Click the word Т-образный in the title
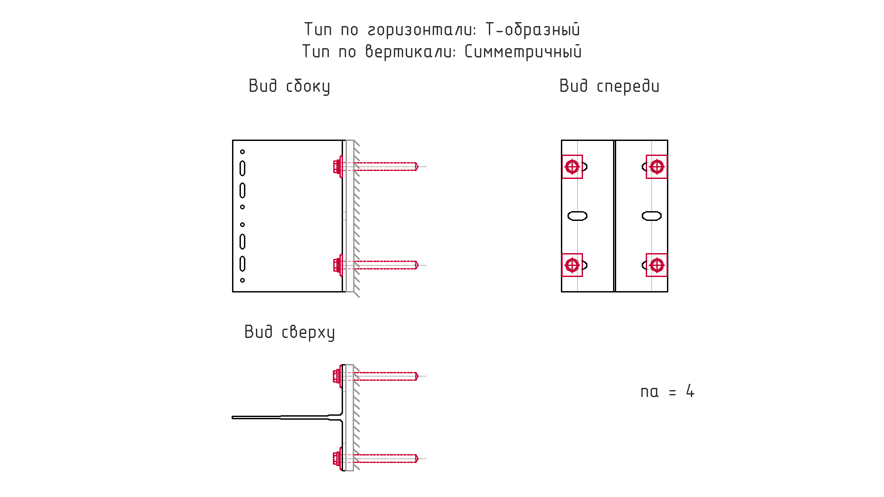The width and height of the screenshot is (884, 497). pyautogui.click(x=533, y=30)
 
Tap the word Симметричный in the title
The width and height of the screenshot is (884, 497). pyautogui.click(x=523, y=52)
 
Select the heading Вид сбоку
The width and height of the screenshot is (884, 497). pyautogui.click(x=290, y=86)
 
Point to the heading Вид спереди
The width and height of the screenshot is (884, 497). pyautogui.click(x=610, y=86)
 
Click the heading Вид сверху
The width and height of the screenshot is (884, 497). pyautogui.click(x=290, y=332)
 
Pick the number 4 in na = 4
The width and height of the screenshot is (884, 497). pyautogui.click(x=690, y=391)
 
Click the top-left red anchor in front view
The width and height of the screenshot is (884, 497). pyautogui.click(x=572, y=167)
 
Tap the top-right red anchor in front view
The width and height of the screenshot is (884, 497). pyautogui.click(x=657, y=167)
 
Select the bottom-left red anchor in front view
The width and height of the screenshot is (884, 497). pyautogui.click(x=572, y=265)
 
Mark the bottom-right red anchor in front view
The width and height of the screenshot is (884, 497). pyautogui.click(x=657, y=265)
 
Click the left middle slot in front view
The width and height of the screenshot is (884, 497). pyautogui.click(x=577, y=216)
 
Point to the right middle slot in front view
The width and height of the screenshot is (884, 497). pyautogui.click(x=652, y=216)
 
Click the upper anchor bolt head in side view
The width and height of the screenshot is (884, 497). pyautogui.click(x=338, y=167)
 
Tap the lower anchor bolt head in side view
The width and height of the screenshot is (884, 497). pyautogui.click(x=338, y=265)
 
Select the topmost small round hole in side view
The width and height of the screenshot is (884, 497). pyautogui.click(x=242, y=152)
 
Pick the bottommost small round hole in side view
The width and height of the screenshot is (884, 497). pyautogui.click(x=242, y=280)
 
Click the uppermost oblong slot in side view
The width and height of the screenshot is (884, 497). pyautogui.click(x=242, y=168)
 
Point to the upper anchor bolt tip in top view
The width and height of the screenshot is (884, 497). pyautogui.click(x=417, y=376)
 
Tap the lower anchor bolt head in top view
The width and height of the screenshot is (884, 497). pyautogui.click(x=338, y=459)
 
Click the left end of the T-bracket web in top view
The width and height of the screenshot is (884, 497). pyautogui.click(x=232, y=417)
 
